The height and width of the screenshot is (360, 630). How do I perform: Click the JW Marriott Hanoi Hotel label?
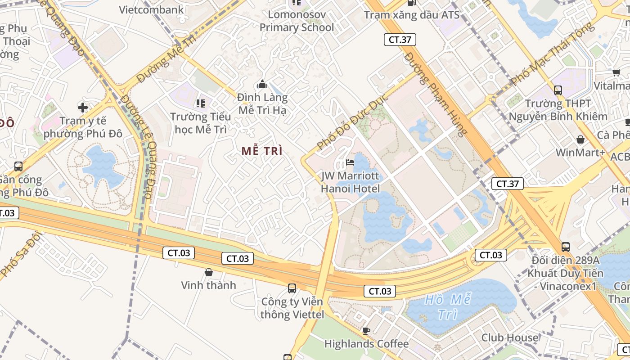pyautogui.click(x=350, y=182)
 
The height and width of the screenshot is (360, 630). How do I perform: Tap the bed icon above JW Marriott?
pyautogui.click(x=350, y=162)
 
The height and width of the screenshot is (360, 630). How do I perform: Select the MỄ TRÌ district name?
pyautogui.click(x=262, y=151)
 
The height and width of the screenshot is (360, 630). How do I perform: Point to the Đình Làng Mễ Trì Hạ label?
pyautogui.click(x=262, y=103)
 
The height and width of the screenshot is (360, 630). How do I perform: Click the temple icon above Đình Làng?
pyautogui.click(x=262, y=84)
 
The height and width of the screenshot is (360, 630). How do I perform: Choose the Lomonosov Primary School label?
pyautogui.click(x=297, y=21)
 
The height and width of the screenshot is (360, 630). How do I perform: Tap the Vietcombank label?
pyautogui.click(x=151, y=10)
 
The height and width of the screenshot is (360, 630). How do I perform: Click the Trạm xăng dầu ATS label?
pyautogui.click(x=411, y=15)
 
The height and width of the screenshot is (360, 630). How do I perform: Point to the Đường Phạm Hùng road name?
pyautogui.click(x=436, y=94)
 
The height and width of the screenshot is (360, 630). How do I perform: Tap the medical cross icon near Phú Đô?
pyautogui.click(x=82, y=107)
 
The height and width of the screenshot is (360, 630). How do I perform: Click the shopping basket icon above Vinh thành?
pyautogui.click(x=209, y=272)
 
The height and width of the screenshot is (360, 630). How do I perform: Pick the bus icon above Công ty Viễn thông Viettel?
pyautogui.click(x=292, y=288)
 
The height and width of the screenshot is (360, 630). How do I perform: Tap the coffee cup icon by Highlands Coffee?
pyautogui.click(x=366, y=331)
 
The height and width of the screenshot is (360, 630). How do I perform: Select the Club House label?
pyautogui.click(x=509, y=337)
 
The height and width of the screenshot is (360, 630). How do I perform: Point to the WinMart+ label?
pyautogui.click(x=580, y=153)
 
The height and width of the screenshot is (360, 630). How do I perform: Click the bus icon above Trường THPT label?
pyautogui.click(x=558, y=90)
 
